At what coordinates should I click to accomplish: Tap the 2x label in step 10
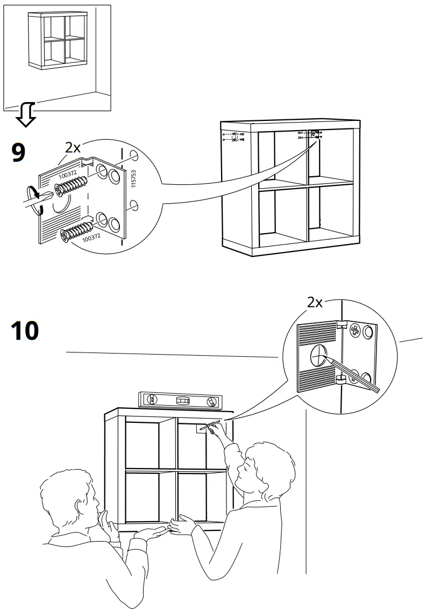coord(315,303)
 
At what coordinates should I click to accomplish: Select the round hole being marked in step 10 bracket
coord(318,355)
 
